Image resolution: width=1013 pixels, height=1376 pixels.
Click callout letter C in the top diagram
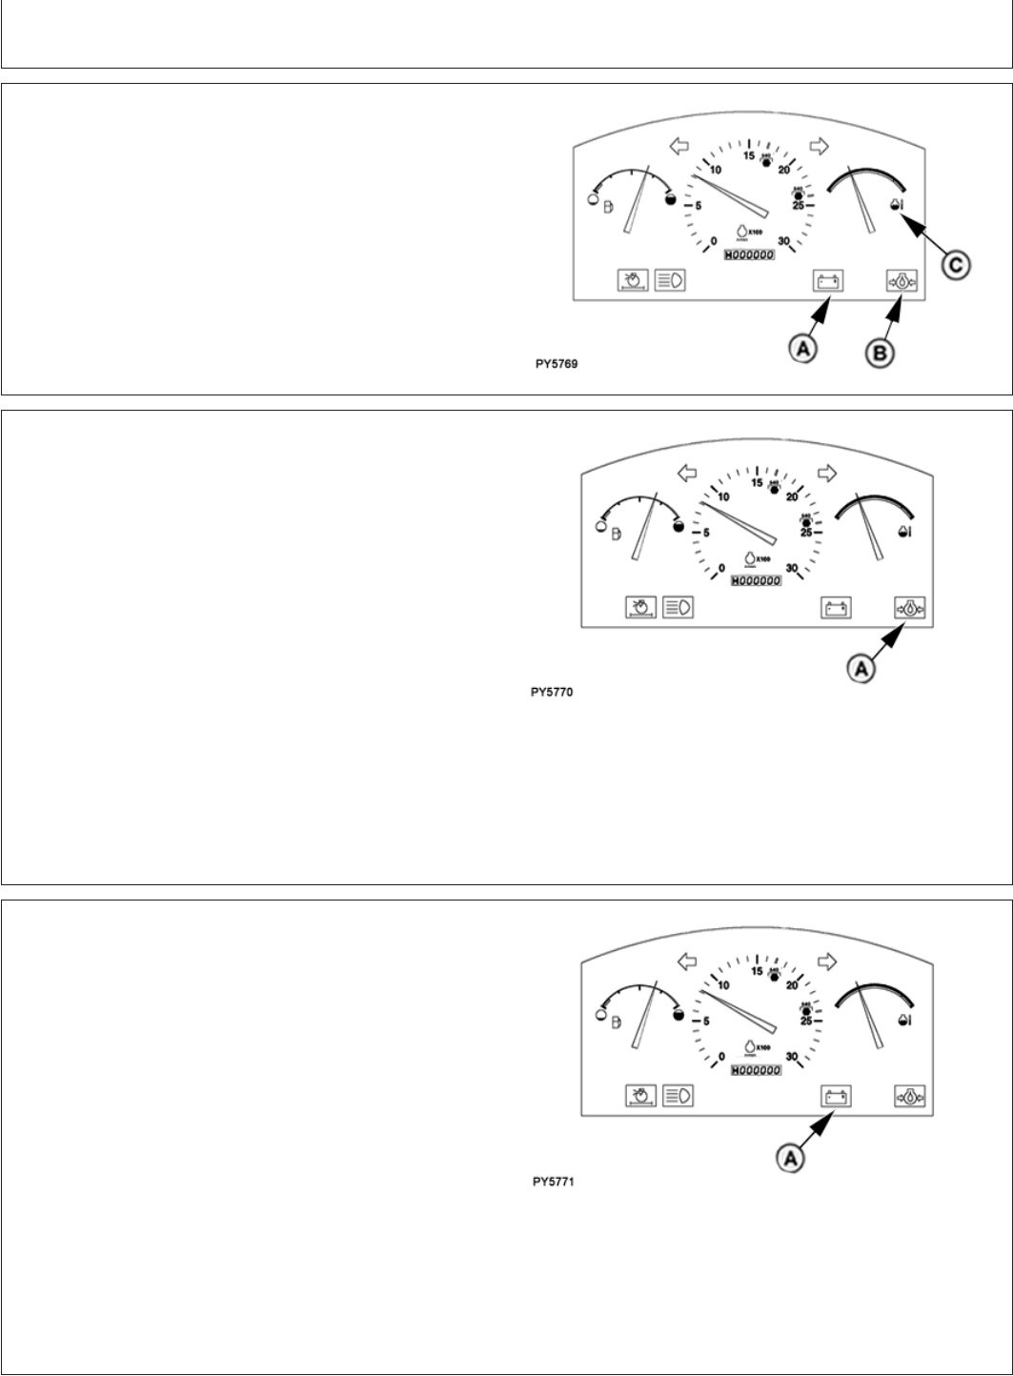(956, 266)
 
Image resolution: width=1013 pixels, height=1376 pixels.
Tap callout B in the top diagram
(879, 353)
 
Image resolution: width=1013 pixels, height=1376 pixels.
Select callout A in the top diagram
(803, 350)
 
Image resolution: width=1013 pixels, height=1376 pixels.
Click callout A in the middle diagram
(861, 670)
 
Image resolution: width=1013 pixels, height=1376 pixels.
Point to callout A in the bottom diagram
(791, 1157)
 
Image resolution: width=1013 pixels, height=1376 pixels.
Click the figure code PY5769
(557, 363)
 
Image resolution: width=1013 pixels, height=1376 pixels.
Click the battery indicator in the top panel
(826, 281)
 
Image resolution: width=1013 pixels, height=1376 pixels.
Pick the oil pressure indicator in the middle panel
(910, 607)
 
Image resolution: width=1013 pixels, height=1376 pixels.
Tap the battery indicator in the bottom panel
(836, 1096)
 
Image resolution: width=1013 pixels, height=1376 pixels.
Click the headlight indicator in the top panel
(672, 280)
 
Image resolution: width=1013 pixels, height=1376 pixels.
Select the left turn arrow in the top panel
(679, 146)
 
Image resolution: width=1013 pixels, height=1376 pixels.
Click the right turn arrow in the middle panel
(827, 473)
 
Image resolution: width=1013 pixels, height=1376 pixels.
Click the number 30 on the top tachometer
(784, 241)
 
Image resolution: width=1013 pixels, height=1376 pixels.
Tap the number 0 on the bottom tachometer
(722, 1056)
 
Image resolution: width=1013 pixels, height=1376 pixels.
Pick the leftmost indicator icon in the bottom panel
(640, 1096)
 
